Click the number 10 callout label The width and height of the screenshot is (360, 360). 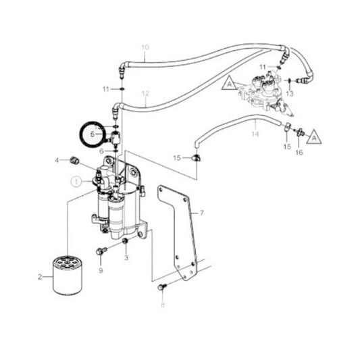pyautogui.click(x=144, y=48)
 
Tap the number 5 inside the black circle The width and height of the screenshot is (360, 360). pyautogui.click(x=93, y=134)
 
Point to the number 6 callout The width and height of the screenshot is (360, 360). pyautogui.click(x=102, y=151)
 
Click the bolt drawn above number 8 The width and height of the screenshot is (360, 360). pyautogui.click(x=161, y=288)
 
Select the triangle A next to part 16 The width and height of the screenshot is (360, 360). pyautogui.click(x=313, y=138)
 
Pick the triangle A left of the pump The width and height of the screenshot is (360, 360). pyautogui.click(x=230, y=84)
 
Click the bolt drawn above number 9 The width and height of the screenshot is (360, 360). pyautogui.click(x=101, y=252)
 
